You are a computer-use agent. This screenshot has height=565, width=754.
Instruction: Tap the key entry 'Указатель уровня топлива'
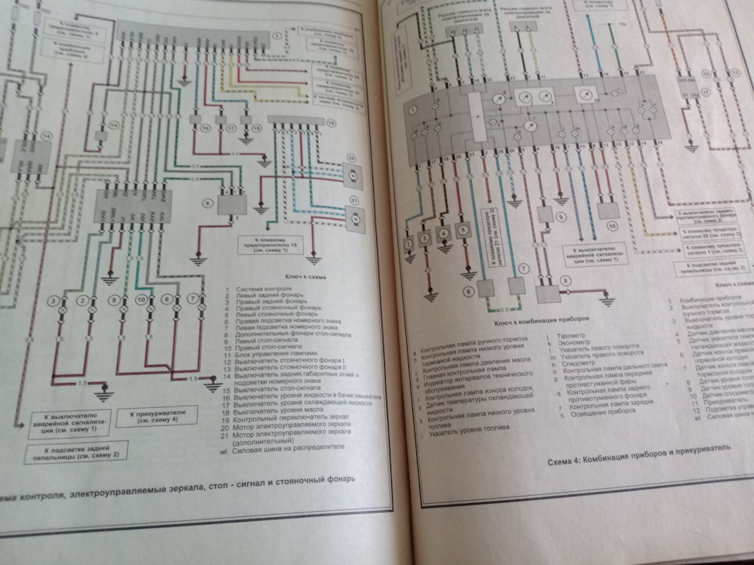coord(464,429)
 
